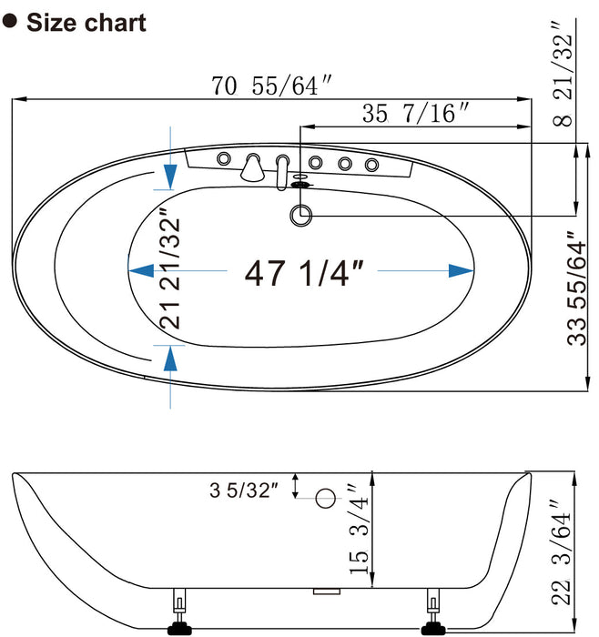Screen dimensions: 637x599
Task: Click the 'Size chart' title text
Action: point(86,22)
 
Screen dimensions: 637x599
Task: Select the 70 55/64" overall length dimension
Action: point(270,86)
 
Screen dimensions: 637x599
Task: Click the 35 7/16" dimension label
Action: point(415,114)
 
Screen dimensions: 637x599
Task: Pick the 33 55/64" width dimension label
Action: point(575,288)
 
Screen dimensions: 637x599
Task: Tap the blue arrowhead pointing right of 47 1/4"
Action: point(462,269)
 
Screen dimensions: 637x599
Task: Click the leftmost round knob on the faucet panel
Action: point(222,159)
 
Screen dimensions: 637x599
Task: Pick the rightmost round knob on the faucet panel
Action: point(371,164)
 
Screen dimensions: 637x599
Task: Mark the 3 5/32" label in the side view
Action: point(242,490)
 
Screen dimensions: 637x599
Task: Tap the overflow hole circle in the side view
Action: point(325,498)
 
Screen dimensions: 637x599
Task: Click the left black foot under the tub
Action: point(178,625)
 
